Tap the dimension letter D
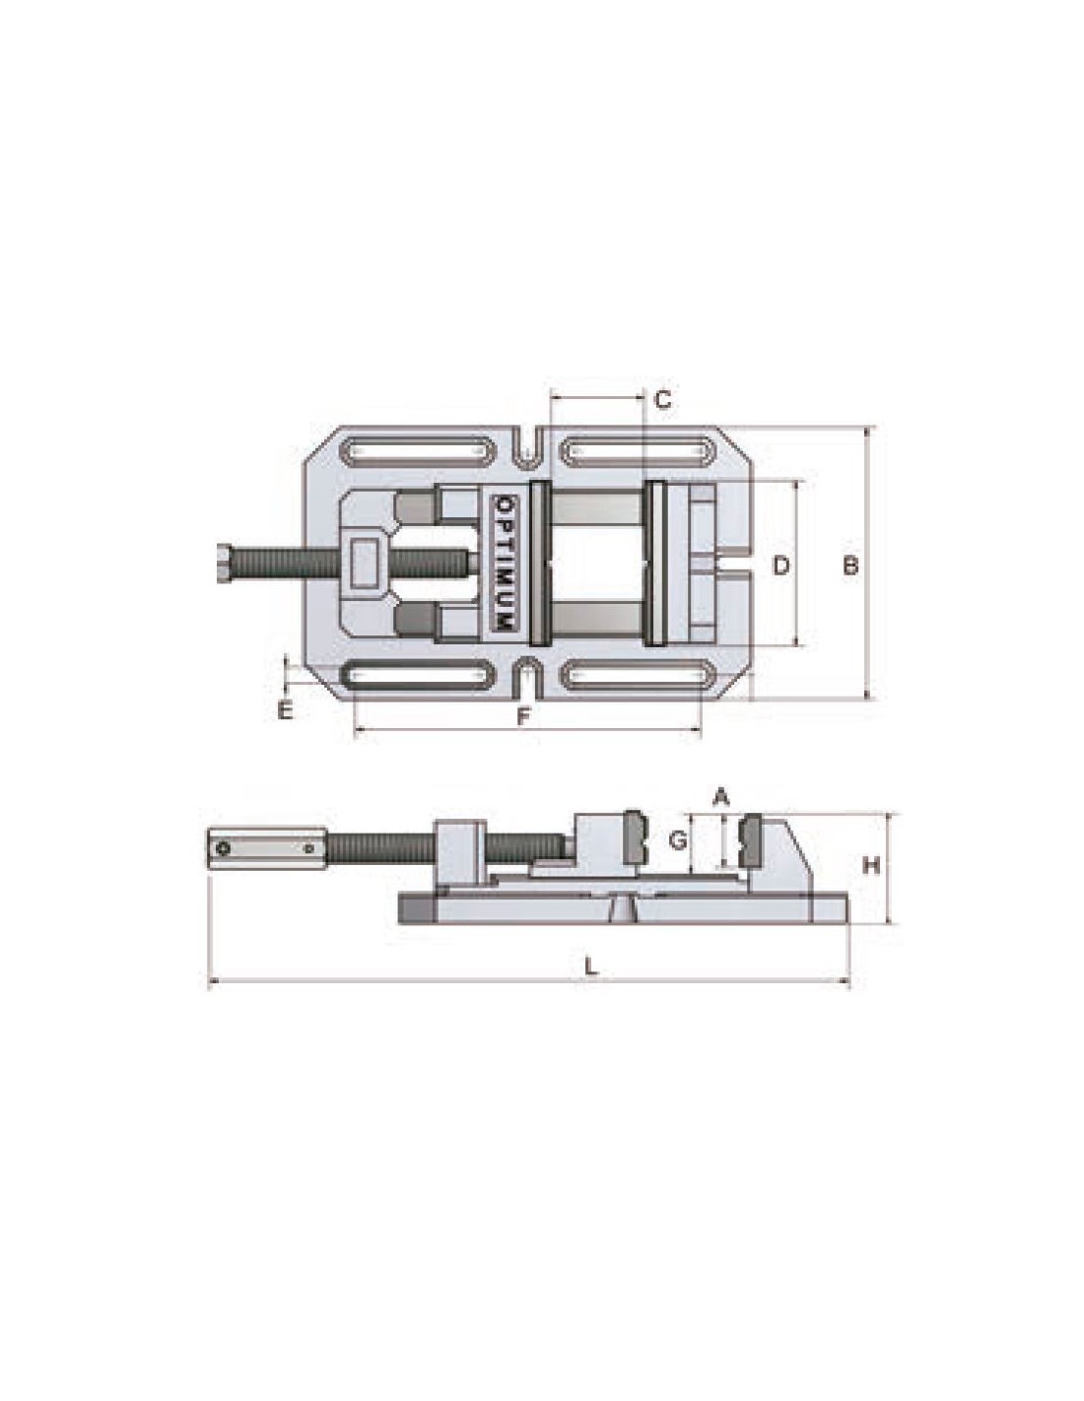pyautogui.click(x=780, y=567)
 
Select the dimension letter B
pyautogui.click(x=851, y=567)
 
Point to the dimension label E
pyautogui.click(x=285, y=711)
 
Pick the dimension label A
pyautogui.click(x=721, y=799)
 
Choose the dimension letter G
pyautogui.click(x=676, y=840)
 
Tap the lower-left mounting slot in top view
pyautogui.click(x=419, y=676)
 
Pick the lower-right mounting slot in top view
pyautogui.click(x=638, y=676)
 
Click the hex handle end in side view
pyautogui.click(x=267, y=849)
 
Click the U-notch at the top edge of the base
pyautogui.click(x=528, y=445)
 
